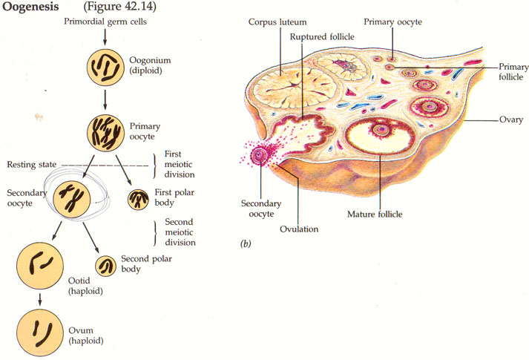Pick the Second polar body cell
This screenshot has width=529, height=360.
(107, 265)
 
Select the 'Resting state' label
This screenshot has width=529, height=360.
(30, 164)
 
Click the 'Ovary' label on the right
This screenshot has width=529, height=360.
(511, 120)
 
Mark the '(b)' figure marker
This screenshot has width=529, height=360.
(244, 243)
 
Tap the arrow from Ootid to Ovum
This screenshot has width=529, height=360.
(39, 298)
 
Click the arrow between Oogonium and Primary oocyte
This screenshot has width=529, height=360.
(108, 99)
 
